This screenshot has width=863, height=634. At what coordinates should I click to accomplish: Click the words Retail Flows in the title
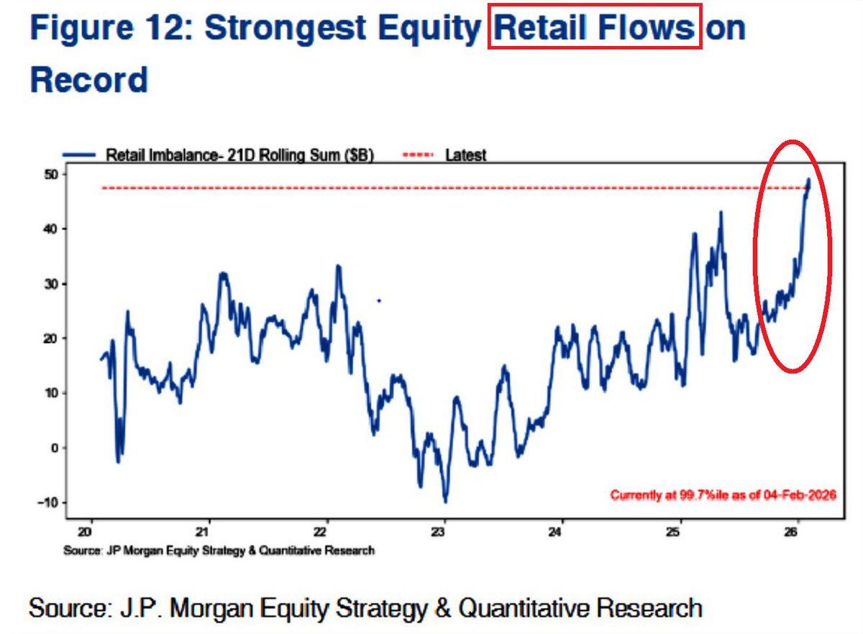click(595, 28)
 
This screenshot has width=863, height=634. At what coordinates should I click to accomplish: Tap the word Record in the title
click(88, 79)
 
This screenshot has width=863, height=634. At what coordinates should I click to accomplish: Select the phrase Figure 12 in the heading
click(108, 28)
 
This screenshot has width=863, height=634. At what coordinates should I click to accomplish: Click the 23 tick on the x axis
click(444, 533)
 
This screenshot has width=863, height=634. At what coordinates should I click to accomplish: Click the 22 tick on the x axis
click(327, 533)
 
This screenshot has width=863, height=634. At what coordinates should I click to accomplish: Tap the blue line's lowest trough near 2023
click(445, 501)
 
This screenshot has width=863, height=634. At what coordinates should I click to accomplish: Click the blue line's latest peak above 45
click(808, 180)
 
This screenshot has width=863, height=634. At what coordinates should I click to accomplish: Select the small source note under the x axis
click(219, 551)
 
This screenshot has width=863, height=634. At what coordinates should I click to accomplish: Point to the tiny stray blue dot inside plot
click(379, 300)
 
